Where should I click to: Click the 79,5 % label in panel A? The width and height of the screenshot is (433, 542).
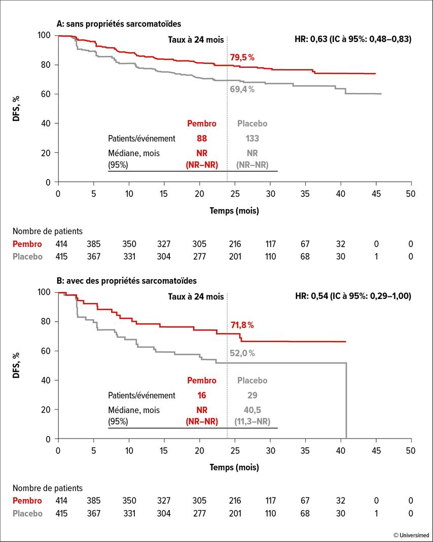[x=242, y=58]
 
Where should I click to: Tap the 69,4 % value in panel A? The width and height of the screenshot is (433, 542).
[x=242, y=89]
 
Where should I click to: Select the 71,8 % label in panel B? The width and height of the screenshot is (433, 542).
[x=242, y=325]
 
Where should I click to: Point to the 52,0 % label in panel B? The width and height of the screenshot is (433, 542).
[x=242, y=353]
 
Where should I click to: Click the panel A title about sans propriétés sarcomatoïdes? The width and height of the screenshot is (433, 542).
[x=119, y=24]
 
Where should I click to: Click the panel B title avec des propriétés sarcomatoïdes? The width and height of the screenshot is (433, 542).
[x=126, y=281]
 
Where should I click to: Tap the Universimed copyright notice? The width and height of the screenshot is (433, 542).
[x=411, y=535]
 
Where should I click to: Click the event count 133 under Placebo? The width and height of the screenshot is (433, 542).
[x=252, y=138]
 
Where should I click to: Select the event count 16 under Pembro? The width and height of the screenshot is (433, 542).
[x=202, y=395]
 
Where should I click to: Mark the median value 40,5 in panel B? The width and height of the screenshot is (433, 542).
[x=252, y=410]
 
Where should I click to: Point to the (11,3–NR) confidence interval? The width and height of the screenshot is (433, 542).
[x=252, y=422]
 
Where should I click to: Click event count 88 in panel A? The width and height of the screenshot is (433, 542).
[x=202, y=138]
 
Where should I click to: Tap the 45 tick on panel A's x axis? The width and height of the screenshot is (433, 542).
[x=376, y=193]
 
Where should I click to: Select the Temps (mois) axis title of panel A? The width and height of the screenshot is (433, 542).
[x=234, y=211]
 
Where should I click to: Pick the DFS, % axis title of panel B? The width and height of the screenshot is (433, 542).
[x=16, y=365]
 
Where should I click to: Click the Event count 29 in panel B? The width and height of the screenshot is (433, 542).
[x=252, y=395]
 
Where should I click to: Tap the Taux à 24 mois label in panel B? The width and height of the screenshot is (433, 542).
[x=196, y=296]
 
